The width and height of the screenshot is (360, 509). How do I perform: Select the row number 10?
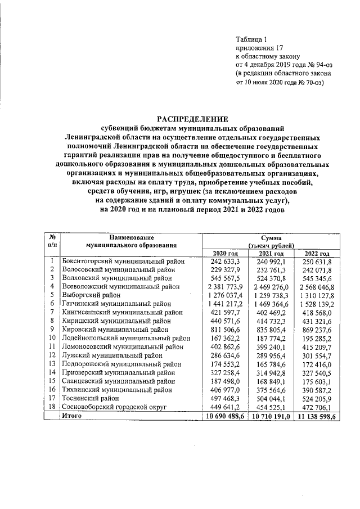pos(51,337)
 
